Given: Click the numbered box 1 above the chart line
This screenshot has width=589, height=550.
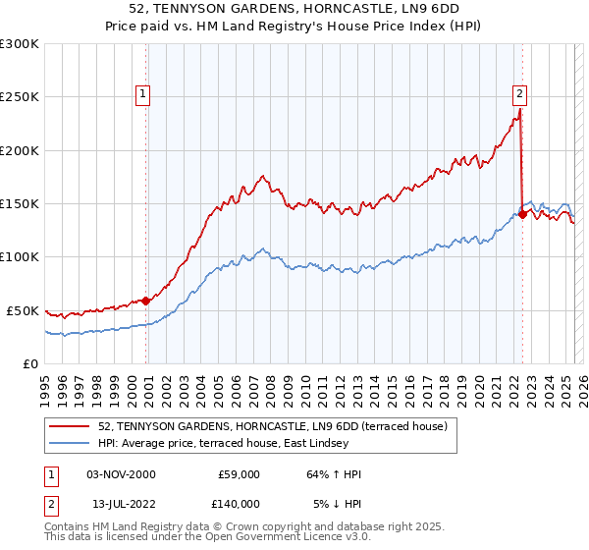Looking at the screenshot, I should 143,94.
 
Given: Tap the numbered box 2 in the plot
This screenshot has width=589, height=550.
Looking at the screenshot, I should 519,94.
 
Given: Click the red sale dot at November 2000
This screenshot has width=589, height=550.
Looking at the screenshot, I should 146,301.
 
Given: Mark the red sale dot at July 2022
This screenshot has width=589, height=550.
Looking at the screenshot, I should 523,214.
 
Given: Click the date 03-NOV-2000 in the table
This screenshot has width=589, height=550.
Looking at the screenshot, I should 121,474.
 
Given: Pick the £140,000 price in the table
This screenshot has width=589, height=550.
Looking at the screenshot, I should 239,503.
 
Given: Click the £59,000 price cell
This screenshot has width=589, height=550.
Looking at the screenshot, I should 239,474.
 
